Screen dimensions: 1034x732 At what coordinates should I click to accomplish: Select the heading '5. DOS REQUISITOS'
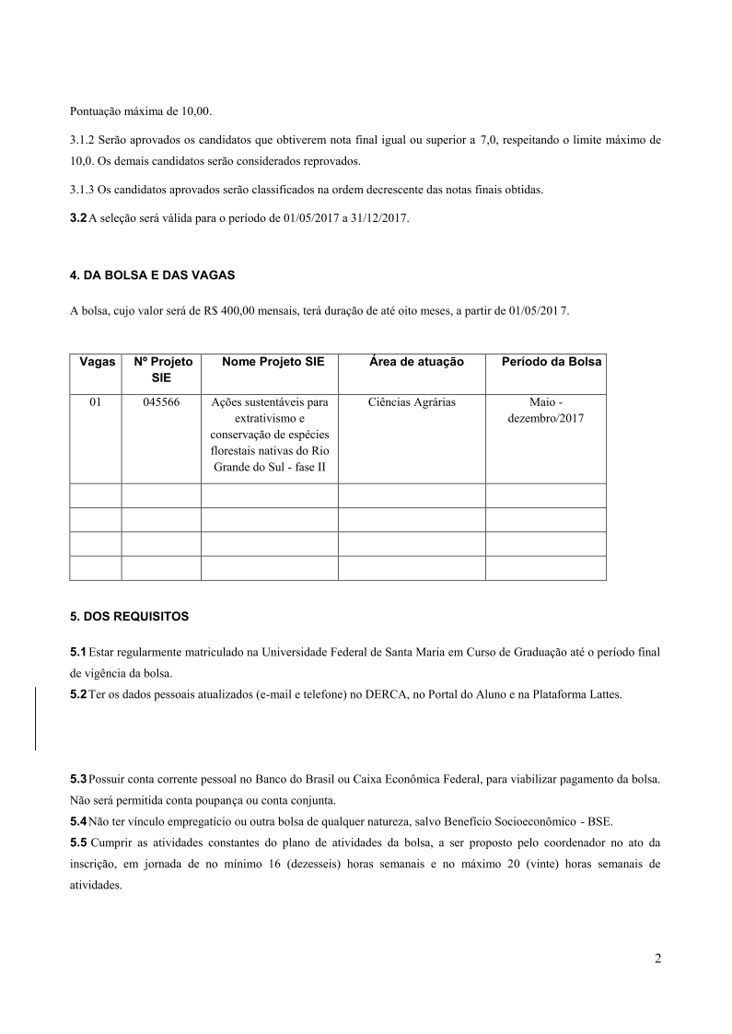coord(129,615)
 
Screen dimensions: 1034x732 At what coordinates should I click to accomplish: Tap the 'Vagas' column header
coord(96,362)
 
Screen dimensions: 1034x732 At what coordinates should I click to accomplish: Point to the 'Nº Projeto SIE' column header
coord(162,370)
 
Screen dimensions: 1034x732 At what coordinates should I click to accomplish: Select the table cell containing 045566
coord(161,402)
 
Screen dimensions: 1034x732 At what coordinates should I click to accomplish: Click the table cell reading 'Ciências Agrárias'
coord(412,402)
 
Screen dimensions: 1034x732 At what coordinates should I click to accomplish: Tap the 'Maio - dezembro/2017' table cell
coord(545,411)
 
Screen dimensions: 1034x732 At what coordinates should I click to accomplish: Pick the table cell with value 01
coord(95,402)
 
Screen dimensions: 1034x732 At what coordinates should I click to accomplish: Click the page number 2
coord(657,958)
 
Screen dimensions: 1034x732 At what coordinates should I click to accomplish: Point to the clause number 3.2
coord(78,217)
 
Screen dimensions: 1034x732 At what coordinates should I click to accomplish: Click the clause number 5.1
coord(78,652)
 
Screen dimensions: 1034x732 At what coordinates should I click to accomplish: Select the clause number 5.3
coord(78,779)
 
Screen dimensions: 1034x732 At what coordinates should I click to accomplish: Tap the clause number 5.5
coord(78,842)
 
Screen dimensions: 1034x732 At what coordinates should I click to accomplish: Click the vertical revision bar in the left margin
coord(35,718)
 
